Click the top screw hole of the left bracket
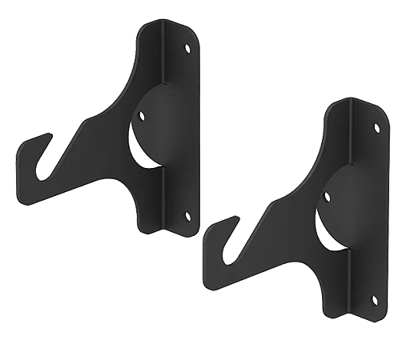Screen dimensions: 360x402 [x=189, y=49]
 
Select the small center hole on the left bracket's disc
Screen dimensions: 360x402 [x=143, y=115]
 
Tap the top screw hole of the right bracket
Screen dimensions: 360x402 [x=376, y=128]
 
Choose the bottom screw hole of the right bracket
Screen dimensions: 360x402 [x=375, y=299]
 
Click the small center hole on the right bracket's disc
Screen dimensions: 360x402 [x=325, y=194]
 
